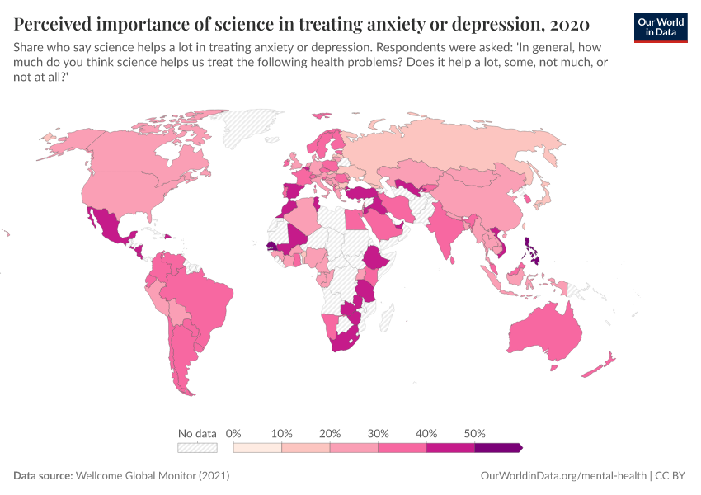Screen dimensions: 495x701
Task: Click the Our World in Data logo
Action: pos(660,27)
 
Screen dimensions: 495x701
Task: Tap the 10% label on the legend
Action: pos(282,433)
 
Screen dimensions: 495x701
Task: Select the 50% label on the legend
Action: pos(475,433)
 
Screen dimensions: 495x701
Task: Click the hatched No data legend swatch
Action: pos(197,447)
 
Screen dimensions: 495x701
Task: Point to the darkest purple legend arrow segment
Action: pos(498,447)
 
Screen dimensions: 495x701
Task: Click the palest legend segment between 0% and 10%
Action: pos(257,447)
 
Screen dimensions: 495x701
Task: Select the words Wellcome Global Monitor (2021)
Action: pos(152,476)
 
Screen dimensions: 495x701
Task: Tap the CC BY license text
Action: pos(671,476)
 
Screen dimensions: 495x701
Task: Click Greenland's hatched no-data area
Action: pos(252,128)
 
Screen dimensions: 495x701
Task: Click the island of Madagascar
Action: pos(384,313)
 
